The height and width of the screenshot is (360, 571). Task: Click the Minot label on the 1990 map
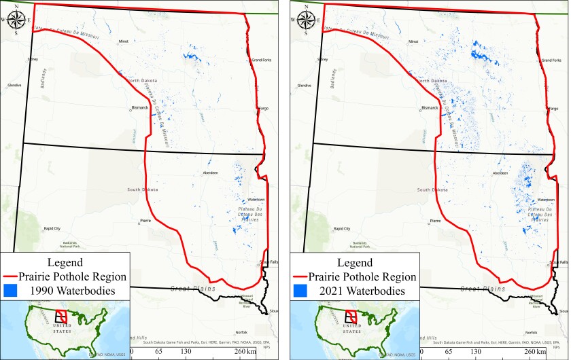click(124, 41)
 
